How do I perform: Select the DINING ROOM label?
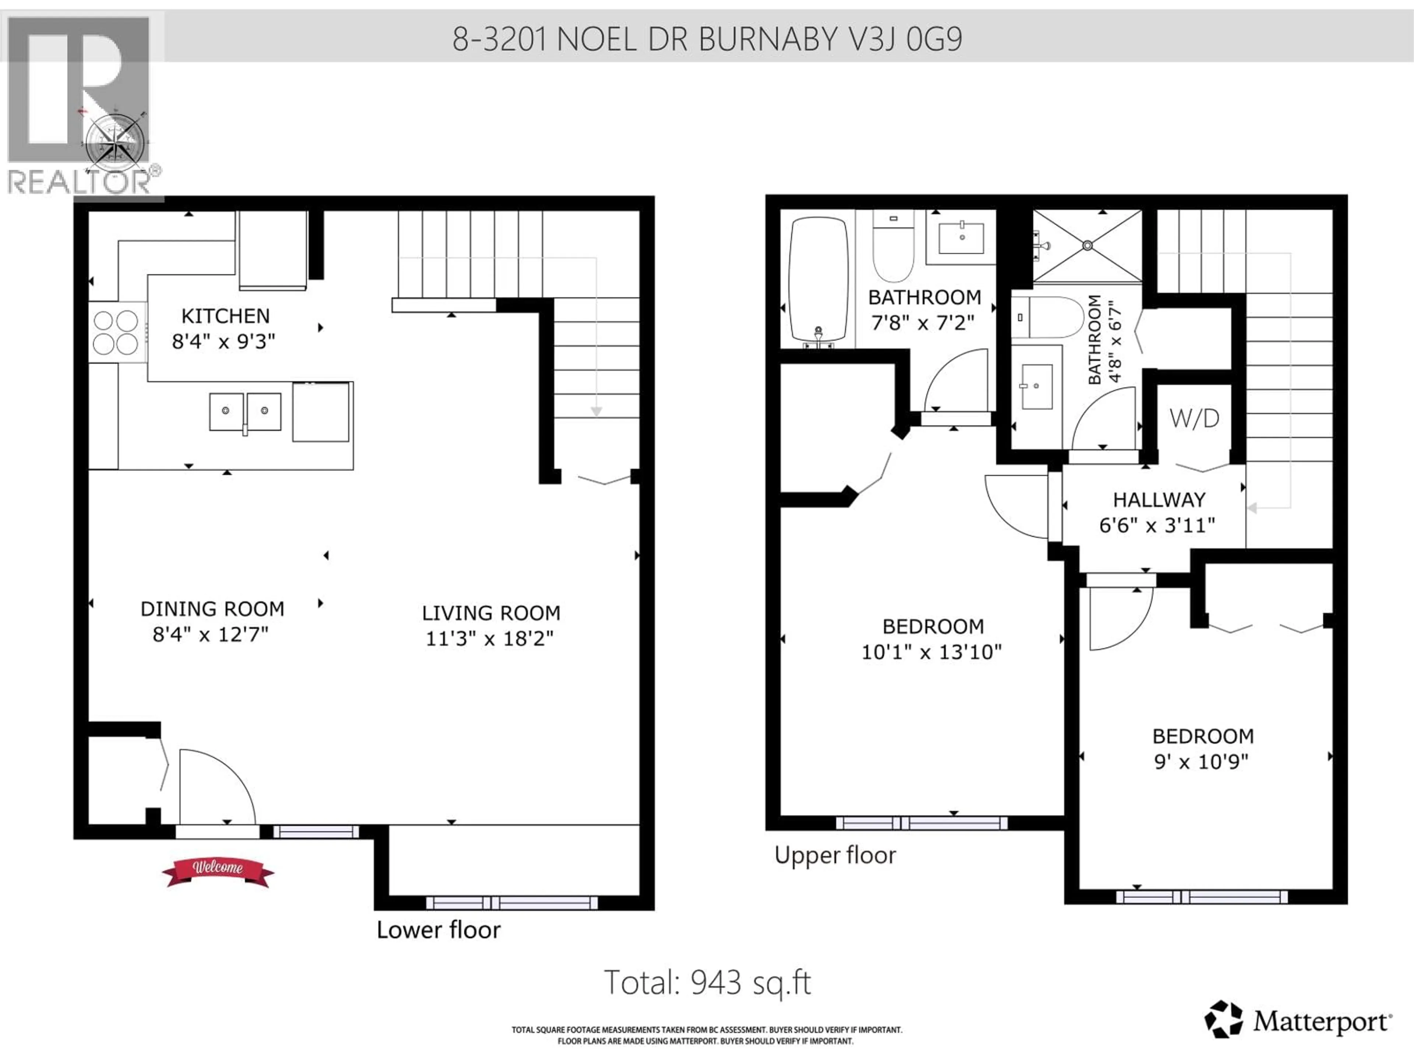coord(212,609)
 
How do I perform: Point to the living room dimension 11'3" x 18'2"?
coord(490,638)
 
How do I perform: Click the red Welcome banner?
coord(218,871)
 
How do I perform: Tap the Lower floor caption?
coord(439,930)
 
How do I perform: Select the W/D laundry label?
coord(1194,419)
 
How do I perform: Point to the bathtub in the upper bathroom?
coord(818,280)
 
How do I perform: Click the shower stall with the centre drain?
coord(1087,246)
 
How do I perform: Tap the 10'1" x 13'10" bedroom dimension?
coord(931,652)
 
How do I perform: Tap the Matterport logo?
coord(1298,1021)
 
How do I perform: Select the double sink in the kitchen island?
coord(246,412)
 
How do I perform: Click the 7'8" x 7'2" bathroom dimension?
coord(922,323)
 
